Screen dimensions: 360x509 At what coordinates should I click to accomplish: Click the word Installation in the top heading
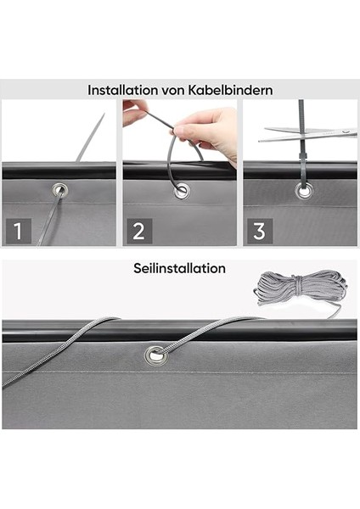coord(123,90)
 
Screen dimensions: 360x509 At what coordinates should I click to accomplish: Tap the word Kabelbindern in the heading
coord(231,90)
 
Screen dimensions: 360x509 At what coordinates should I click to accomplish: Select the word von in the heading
coord(174,91)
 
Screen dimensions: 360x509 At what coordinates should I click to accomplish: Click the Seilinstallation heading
coord(179,268)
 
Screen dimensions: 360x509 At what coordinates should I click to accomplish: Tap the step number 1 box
coord(19,231)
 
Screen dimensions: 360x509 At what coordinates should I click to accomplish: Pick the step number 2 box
coord(139,231)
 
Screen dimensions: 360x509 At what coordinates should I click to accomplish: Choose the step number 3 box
coord(260,231)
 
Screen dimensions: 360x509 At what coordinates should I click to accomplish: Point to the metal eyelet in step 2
coord(182,191)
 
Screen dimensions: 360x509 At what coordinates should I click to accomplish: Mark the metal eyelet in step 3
coord(305,191)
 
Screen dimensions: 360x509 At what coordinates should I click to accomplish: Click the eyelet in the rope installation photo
coord(156,356)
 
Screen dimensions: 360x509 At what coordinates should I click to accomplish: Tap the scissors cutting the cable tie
coord(308,134)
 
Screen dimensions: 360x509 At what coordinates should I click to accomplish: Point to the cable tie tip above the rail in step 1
coord(104,115)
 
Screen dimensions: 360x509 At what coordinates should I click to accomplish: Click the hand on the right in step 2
coord(208,133)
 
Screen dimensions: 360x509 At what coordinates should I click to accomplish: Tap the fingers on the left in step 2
coord(134,112)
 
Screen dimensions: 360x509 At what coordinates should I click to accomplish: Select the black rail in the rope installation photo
coord(179,331)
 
